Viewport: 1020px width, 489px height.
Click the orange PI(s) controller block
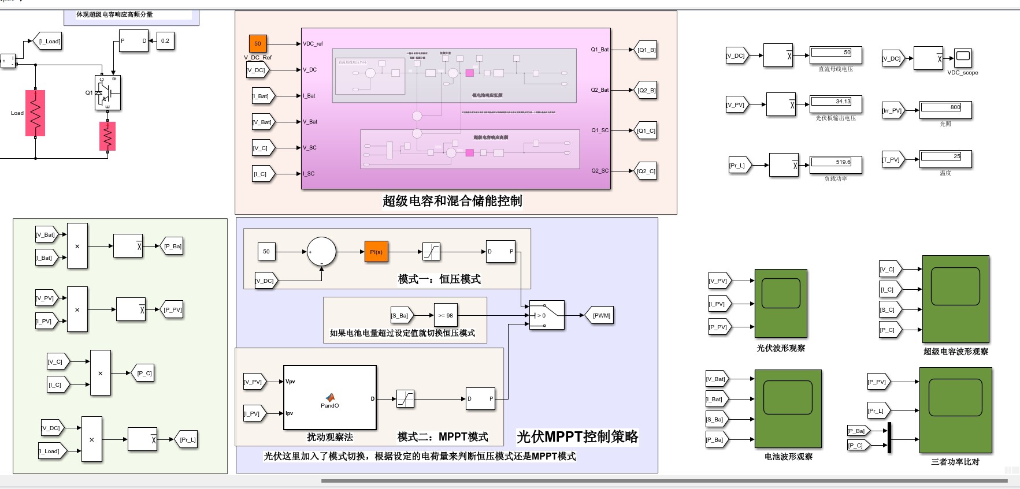(376, 252)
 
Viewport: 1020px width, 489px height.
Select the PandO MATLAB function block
(329, 398)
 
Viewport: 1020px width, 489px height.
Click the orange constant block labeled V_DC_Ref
(257, 43)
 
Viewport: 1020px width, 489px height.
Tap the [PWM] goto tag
(601, 315)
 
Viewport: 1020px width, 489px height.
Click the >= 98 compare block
(445, 315)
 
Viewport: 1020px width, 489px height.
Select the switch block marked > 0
(547, 315)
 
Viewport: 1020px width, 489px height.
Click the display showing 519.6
(836, 164)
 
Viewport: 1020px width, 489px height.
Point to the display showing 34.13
(836, 103)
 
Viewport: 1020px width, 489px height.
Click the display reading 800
(945, 109)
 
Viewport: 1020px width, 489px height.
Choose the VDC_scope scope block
(963, 58)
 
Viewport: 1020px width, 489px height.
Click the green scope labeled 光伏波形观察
(781, 303)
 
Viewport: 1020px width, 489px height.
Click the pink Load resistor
(35, 113)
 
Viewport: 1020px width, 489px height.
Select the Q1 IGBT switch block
(108, 93)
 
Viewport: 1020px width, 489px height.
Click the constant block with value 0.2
(165, 41)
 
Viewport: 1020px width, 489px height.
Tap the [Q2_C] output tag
(646, 171)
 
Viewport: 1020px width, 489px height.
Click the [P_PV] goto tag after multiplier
(172, 309)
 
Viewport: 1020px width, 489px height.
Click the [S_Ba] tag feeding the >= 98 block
(400, 315)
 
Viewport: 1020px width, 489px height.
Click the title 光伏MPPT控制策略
(577, 436)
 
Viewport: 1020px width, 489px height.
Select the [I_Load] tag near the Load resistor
(50, 41)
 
